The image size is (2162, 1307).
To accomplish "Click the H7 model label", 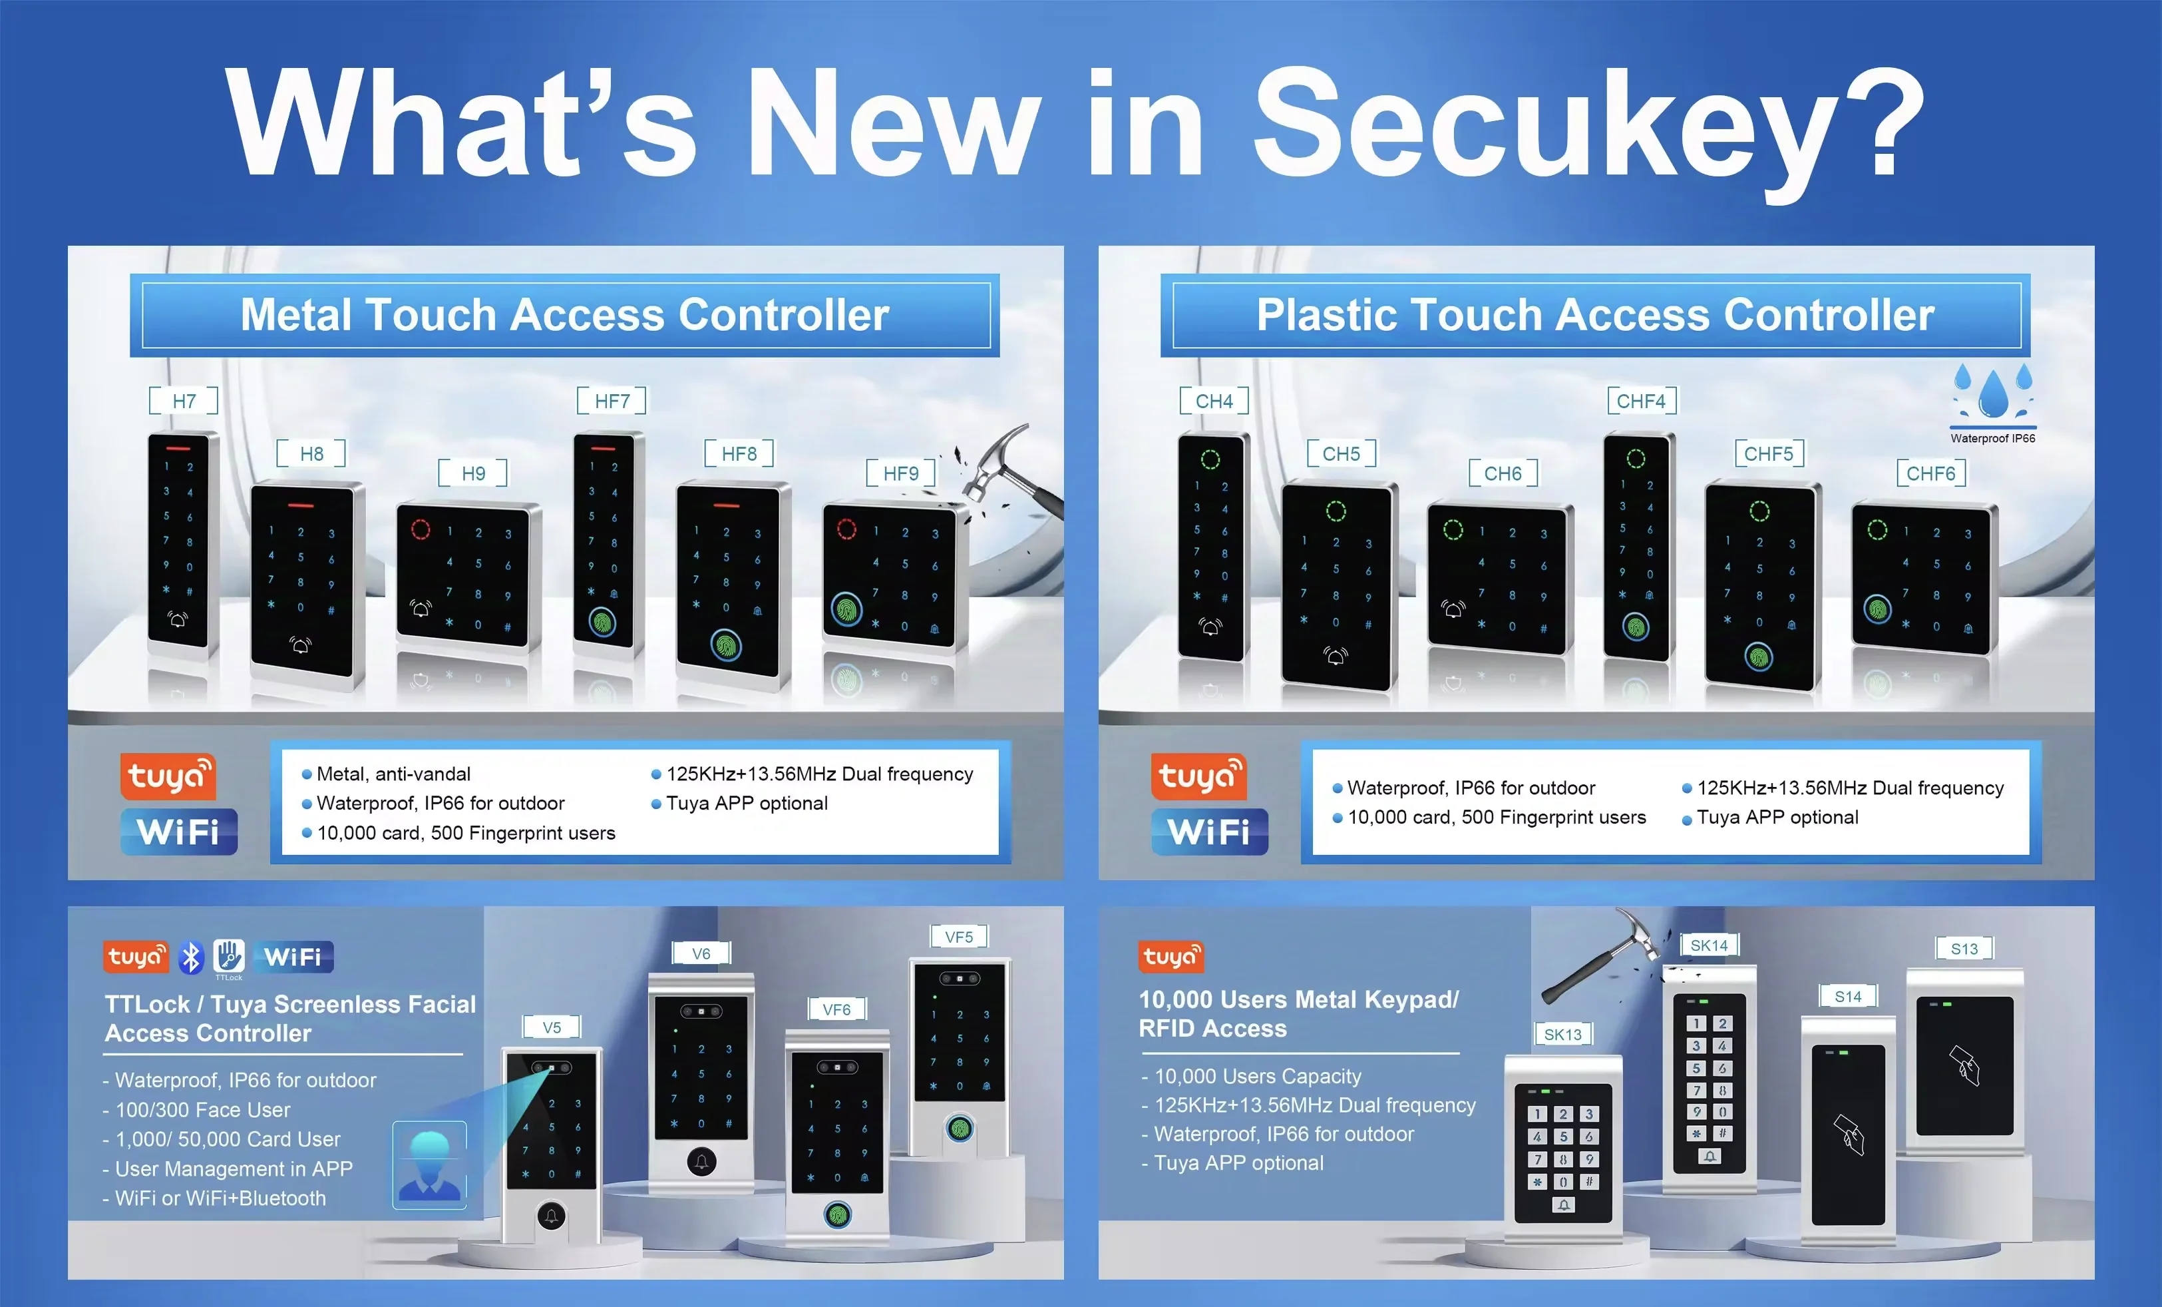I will click(184, 401).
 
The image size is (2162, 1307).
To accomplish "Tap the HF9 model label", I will click(900, 473).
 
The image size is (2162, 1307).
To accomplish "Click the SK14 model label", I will click(1708, 945).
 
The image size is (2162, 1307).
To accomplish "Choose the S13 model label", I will click(1964, 949).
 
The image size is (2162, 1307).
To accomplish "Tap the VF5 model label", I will click(958, 937).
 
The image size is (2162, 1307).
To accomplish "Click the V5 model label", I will click(551, 1027).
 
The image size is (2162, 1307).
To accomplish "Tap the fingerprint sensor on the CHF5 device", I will click(1758, 656).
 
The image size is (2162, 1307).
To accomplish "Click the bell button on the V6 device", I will click(701, 1162).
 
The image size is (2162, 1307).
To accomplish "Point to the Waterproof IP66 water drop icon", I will click(1993, 395).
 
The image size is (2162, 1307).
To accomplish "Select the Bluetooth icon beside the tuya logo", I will click(190, 957).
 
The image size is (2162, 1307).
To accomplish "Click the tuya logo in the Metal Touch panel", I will click(168, 776).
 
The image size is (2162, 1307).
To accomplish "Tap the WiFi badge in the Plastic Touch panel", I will click(1209, 831).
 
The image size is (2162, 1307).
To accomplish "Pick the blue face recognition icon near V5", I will click(429, 1165).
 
